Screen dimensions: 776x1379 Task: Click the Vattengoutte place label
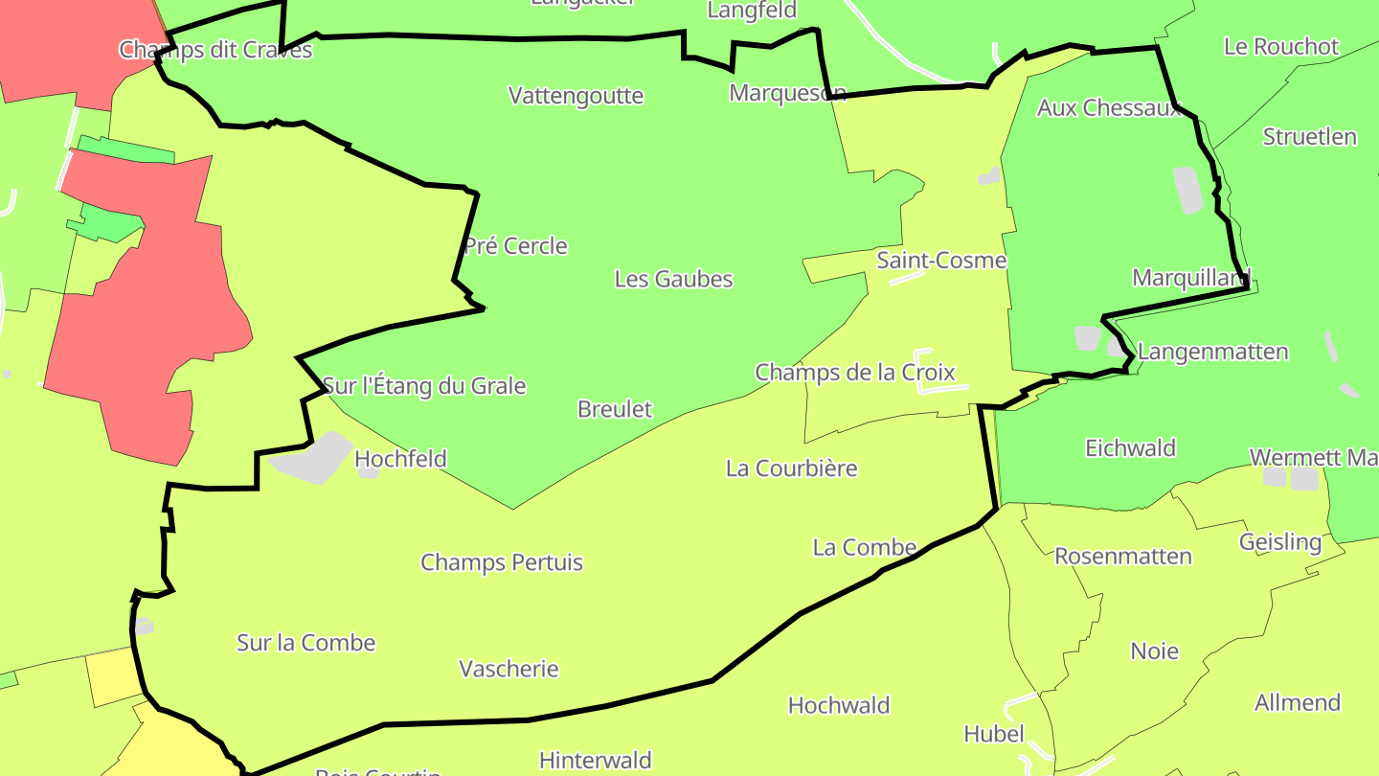click(576, 96)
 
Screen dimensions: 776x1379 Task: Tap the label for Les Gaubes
click(673, 279)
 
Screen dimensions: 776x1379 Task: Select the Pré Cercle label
click(516, 246)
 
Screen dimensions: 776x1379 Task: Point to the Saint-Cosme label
click(941, 261)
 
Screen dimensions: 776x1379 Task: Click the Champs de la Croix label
click(854, 372)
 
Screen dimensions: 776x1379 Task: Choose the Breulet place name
click(614, 409)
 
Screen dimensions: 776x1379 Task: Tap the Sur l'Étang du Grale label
click(424, 386)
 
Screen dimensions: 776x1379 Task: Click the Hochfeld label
click(400, 459)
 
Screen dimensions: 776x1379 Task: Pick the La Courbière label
click(791, 468)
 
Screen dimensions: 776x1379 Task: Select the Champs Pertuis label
click(502, 562)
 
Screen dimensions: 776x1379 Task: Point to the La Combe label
click(864, 547)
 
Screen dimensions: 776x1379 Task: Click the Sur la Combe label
click(305, 643)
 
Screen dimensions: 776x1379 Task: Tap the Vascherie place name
click(509, 669)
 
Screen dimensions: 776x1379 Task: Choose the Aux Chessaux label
click(1109, 108)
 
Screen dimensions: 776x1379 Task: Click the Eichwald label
click(1130, 447)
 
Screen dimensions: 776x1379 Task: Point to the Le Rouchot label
click(1280, 47)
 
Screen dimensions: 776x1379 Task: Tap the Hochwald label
click(838, 706)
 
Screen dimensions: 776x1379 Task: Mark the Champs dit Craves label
click(215, 50)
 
